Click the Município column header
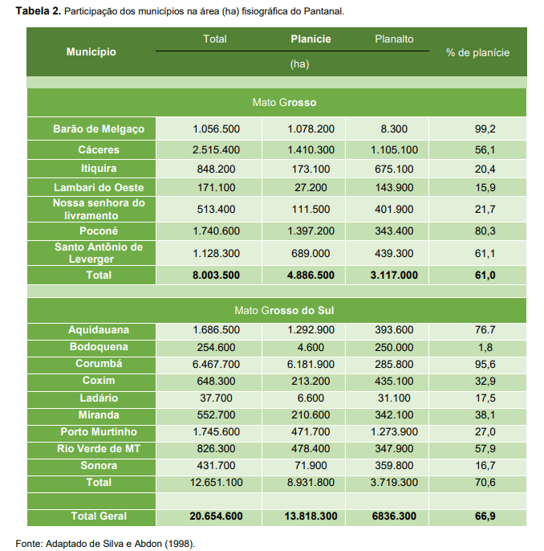91,51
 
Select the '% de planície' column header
478,51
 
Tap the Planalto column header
394,39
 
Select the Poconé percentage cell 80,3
485,231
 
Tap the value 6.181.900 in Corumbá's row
311,364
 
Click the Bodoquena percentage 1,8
485,347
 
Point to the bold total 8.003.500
216,275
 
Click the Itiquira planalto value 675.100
393,169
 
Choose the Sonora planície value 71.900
311,465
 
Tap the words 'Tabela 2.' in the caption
38,11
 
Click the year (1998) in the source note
180,544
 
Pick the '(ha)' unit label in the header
298,63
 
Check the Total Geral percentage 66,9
485,516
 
